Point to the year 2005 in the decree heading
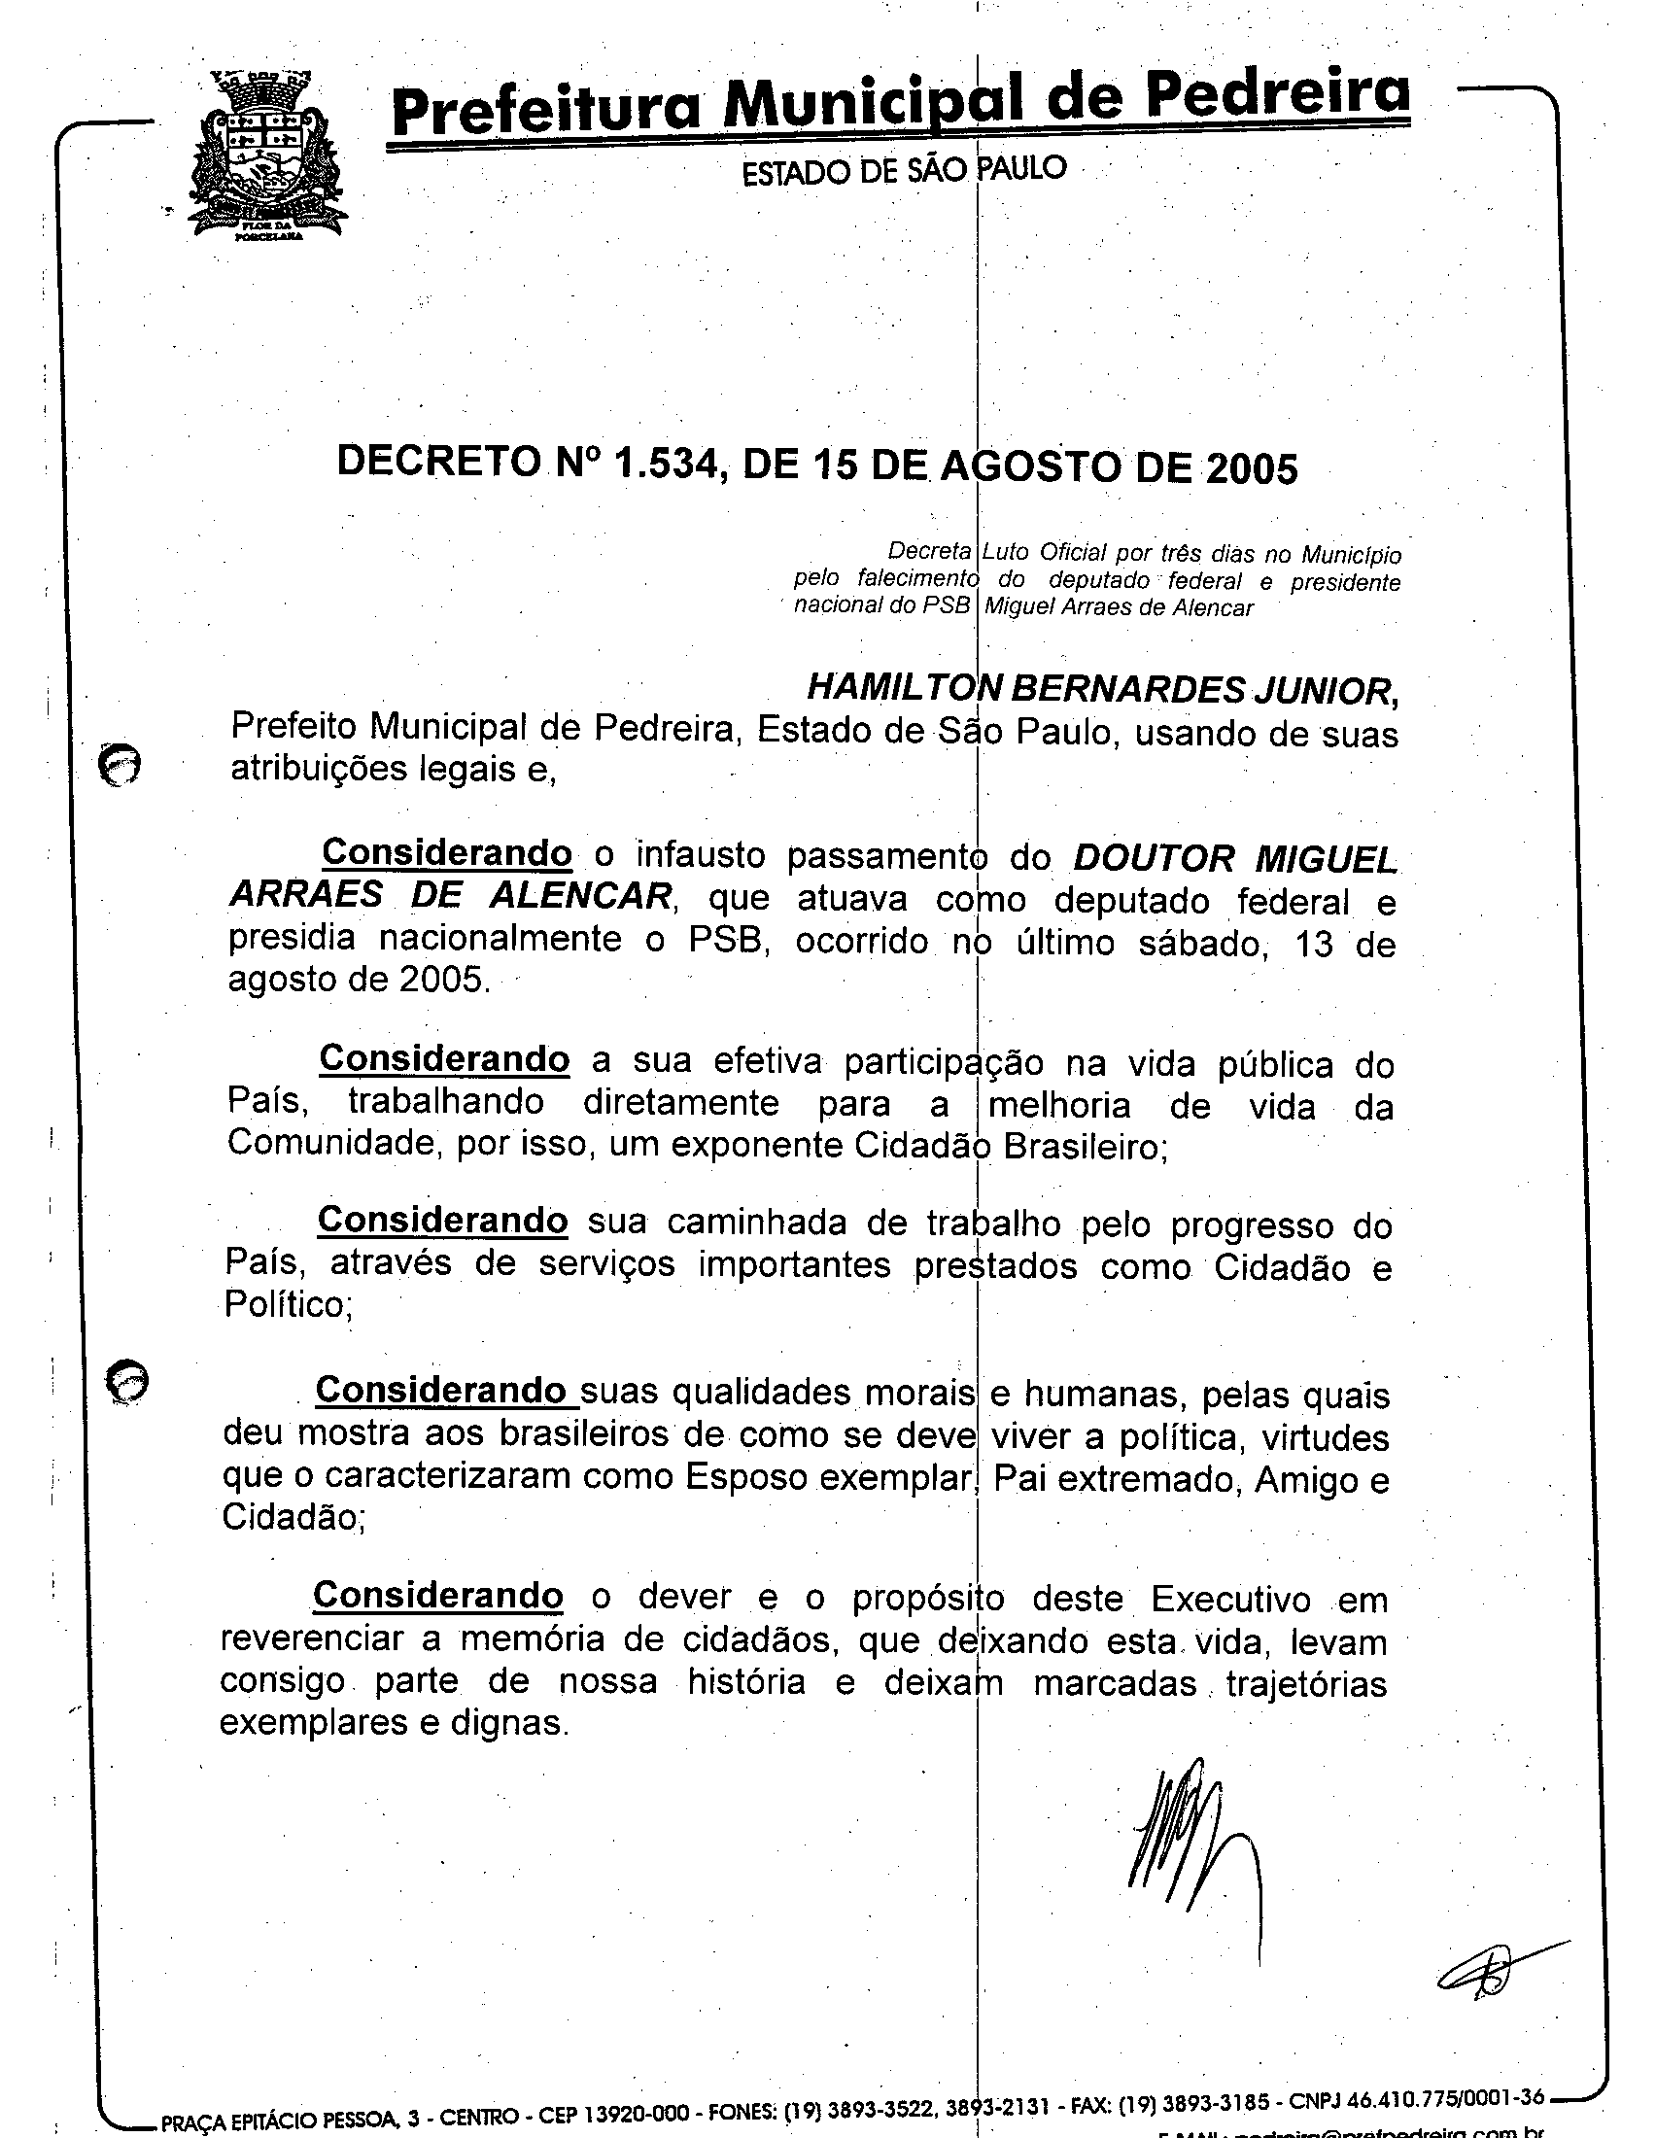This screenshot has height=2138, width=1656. pyautogui.click(x=1251, y=469)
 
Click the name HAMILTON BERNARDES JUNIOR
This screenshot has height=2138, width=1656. pyautogui.click(x=1102, y=690)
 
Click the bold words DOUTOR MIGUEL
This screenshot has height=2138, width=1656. pyautogui.click(x=1234, y=858)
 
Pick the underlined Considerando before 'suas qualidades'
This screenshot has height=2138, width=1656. pyautogui.click(x=440, y=1389)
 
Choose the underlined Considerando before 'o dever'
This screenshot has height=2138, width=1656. pyautogui.click(x=438, y=1596)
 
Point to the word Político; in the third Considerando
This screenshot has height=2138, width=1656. pyautogui.click(x=288, y=1305)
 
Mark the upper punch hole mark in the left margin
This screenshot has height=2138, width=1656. pyautogui.click(x=121, y=765)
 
